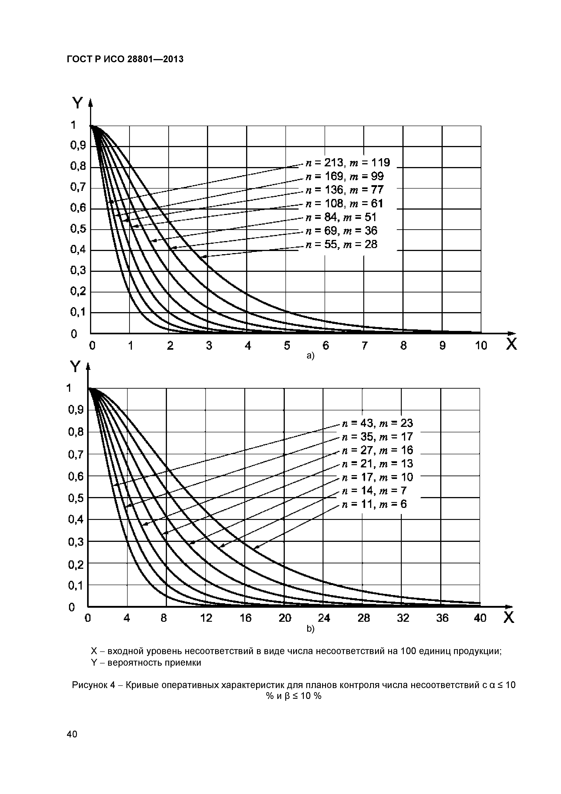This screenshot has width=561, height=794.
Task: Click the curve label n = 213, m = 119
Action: point(347,163)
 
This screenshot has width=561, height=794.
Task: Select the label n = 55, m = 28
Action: point(342,244)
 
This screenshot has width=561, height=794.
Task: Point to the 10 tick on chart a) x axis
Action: point(481,345)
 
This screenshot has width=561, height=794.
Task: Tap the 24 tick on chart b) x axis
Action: point(324,618)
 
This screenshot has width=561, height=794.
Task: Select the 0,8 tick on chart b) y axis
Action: point(76,432)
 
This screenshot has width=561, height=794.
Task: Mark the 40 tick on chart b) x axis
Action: point(480,618)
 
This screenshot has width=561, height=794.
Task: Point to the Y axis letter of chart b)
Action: point(75,367)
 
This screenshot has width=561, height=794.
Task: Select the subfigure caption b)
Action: point(310,629)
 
